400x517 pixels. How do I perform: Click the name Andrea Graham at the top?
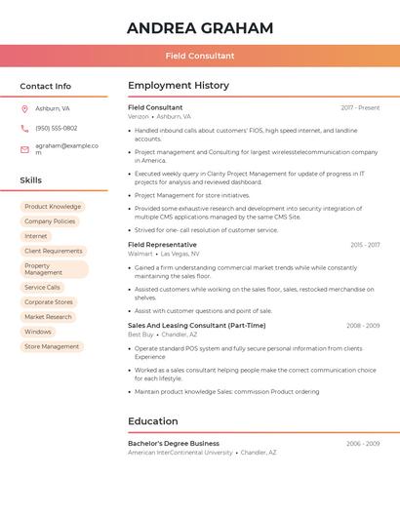[x=200, y=28]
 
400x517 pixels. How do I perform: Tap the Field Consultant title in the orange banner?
[x=200, y=56]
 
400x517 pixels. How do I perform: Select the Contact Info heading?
[x=46, y=86]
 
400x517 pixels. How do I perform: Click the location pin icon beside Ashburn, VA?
[x=24, y=108]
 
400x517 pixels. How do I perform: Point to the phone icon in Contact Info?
[x=24, y=128]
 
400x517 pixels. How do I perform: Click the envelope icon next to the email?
[x=24, y=149]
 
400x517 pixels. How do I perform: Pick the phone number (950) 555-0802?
[x=57, y=128]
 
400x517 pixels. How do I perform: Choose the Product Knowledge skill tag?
[x=53, y=207]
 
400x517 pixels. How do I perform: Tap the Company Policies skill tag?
[x=50, y=221]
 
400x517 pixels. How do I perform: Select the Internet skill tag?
[x=36, y=236]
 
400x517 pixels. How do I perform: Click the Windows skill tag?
[x=38, y=332]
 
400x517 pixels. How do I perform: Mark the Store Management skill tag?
[x=52, y=346]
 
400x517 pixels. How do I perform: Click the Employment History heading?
[x=179, y=86]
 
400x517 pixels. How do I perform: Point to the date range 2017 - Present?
[x=360, y=107]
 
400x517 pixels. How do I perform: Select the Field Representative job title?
[x=162, y=244]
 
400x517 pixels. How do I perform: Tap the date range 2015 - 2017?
[x=365, y=245]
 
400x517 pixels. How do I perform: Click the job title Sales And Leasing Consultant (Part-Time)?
[x=196, y=325]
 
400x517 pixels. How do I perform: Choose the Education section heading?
[x=153, y=421]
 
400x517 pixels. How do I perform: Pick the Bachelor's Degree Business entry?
[x=174, y=443]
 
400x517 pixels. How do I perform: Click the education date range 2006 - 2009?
[x=363, y=443]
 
